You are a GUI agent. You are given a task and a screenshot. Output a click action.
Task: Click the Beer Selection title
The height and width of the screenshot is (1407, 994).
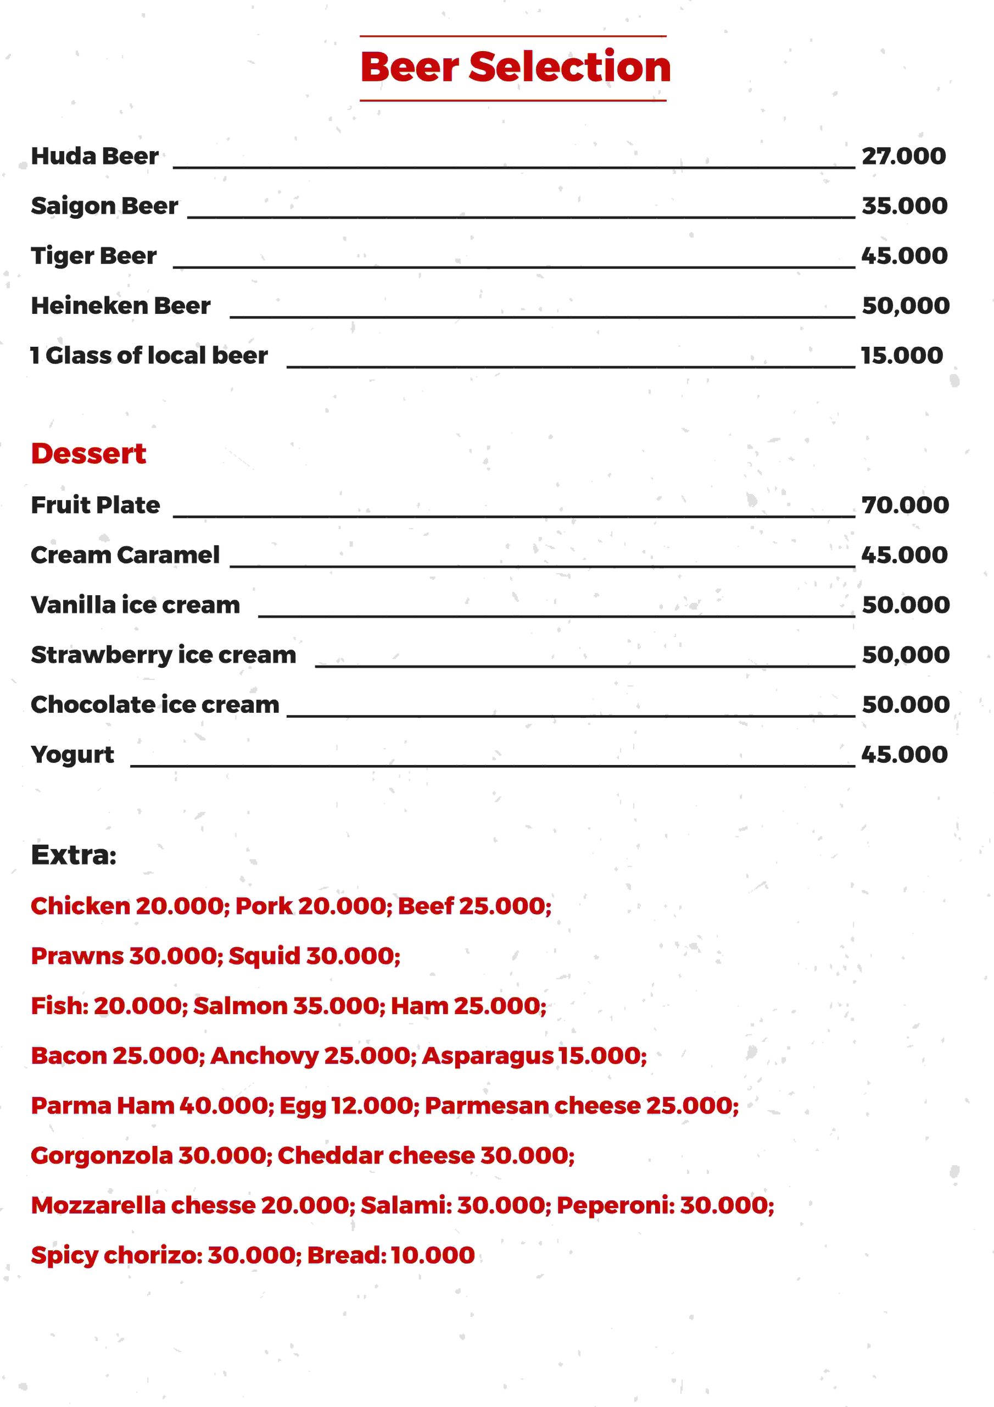515,68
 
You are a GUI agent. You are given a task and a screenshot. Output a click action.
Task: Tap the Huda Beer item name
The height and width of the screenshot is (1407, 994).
95,156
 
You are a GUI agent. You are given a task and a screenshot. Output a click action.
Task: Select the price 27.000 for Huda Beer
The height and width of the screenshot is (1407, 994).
903,156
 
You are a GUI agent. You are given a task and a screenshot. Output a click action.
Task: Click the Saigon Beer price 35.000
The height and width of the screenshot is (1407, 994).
904,206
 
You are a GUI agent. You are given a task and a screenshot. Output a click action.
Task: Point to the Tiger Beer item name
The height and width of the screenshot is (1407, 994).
94,256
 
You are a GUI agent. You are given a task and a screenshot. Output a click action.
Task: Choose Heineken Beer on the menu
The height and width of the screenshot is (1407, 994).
121,305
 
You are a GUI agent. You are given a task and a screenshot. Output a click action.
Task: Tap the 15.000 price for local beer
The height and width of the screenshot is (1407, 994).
902,356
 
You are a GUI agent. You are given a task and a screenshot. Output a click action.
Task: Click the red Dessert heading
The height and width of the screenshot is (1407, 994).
88,453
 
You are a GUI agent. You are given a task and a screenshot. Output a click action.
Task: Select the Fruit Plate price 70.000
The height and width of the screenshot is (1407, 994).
904,505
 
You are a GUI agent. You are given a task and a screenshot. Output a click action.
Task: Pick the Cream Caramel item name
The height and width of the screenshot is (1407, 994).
125,555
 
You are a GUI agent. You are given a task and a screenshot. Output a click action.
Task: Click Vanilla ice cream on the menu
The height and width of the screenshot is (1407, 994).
135,605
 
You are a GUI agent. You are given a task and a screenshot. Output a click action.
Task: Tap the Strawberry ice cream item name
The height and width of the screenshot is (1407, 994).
164,655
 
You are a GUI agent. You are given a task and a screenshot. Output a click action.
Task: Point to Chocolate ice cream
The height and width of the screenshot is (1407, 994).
155,705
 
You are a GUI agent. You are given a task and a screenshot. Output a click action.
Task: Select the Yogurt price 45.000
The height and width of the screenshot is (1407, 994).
904,755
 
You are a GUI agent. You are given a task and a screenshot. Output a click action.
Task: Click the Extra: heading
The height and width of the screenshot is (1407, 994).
74,854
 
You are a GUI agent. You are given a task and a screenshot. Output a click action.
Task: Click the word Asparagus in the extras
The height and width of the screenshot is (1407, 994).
488,1056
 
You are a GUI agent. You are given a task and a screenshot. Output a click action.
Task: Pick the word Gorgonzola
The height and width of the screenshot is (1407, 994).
102,1155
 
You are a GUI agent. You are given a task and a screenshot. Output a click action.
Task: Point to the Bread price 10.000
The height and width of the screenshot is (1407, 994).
432,1254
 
